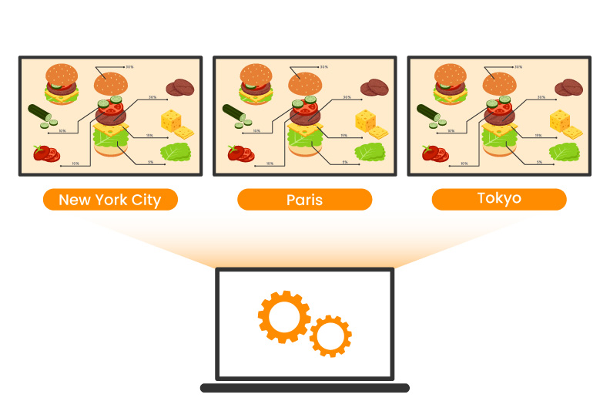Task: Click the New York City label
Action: (x=110, y=201)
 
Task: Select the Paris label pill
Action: (x=304, y=201)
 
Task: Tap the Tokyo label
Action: (x=498, y=199)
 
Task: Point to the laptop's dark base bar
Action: (x=304, y=388)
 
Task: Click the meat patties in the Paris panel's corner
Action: (x=374, y=87)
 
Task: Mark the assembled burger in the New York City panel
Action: (x=62, y=83)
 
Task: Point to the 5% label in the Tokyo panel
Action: (x=539, y=162)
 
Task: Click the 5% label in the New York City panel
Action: (x=151, y=162)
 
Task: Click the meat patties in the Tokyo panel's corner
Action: (x=568, y=87)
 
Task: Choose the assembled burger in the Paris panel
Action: (x=256, y=83)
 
